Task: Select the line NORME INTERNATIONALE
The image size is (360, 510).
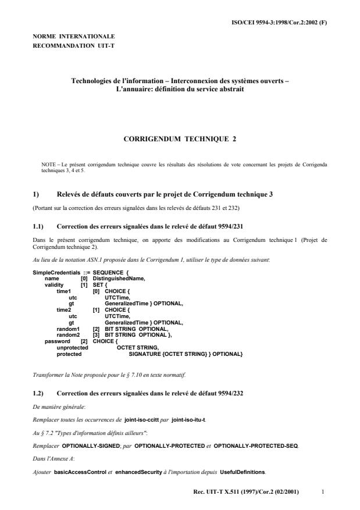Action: (74, 36)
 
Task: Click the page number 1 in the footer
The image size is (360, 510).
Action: (323, 491)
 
